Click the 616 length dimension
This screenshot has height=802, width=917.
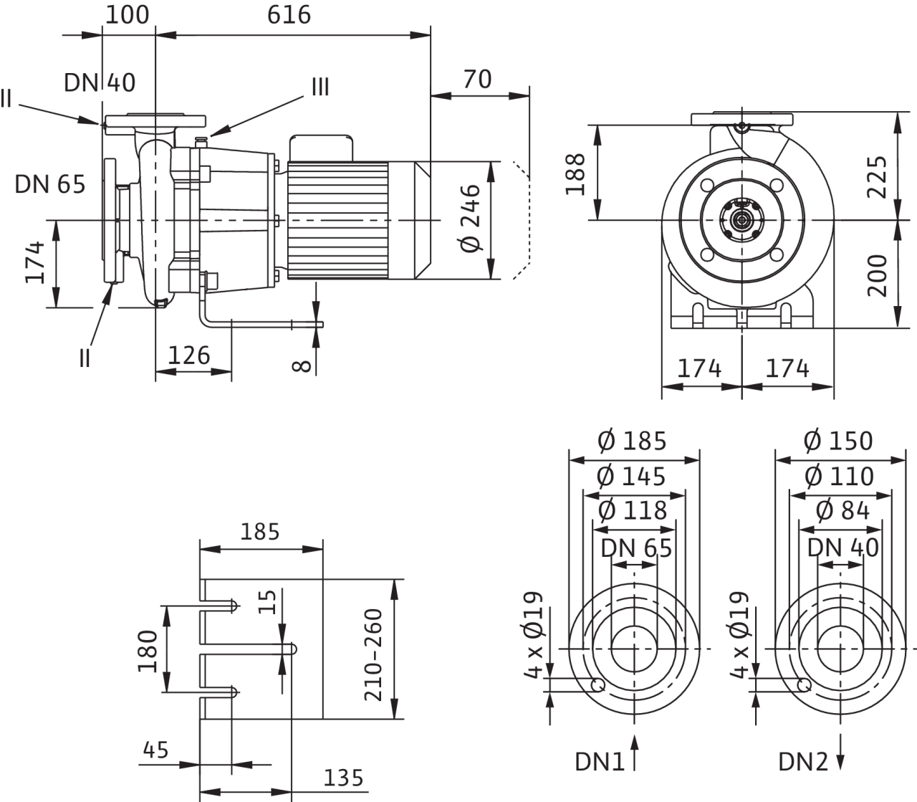(x=289, y=14)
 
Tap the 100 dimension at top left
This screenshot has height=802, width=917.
(x=128, y=14)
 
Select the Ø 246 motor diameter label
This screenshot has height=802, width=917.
(x=469, y=219)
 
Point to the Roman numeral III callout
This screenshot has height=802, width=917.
(x=320, y=87)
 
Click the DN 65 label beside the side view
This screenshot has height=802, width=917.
(x=50, y=184)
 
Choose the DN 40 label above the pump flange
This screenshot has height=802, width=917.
(x=100, y=82)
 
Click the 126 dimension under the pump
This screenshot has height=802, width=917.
(x=189, y=355)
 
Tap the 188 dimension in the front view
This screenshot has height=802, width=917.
(x=576, y=173)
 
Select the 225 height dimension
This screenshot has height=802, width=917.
(x=879, y=171)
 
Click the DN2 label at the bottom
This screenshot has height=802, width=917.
(x=803, y=762)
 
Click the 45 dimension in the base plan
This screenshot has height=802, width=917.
(x=155, y=750)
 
